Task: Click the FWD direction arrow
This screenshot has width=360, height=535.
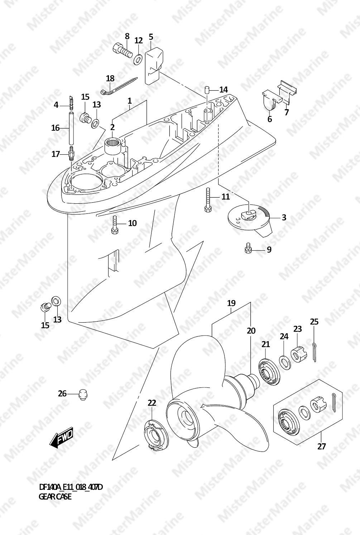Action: point(61,437)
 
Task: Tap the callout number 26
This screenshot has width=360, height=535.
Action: point(62,393)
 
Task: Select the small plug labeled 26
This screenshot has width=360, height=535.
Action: point(83,394)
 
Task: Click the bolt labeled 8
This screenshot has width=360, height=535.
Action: point(122,50)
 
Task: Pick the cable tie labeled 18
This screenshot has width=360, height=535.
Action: point(118,86)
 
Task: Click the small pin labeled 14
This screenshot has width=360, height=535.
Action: point(207,91)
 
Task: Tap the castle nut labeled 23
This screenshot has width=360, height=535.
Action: point(299,354)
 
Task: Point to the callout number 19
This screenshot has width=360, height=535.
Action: point(231,303)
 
